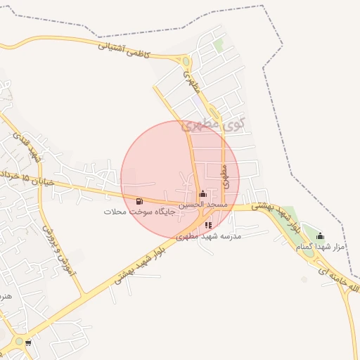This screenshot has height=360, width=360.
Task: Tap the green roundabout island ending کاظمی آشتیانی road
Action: click(186, 61)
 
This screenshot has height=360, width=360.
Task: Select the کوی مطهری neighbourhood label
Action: click(214, 124)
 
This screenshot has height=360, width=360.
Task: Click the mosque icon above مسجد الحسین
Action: click(202, 193)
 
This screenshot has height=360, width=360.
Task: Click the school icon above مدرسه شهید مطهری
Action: click(208, 225)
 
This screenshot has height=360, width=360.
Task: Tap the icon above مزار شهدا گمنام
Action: click(321, 236)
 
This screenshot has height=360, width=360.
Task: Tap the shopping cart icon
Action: click(28, 343)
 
